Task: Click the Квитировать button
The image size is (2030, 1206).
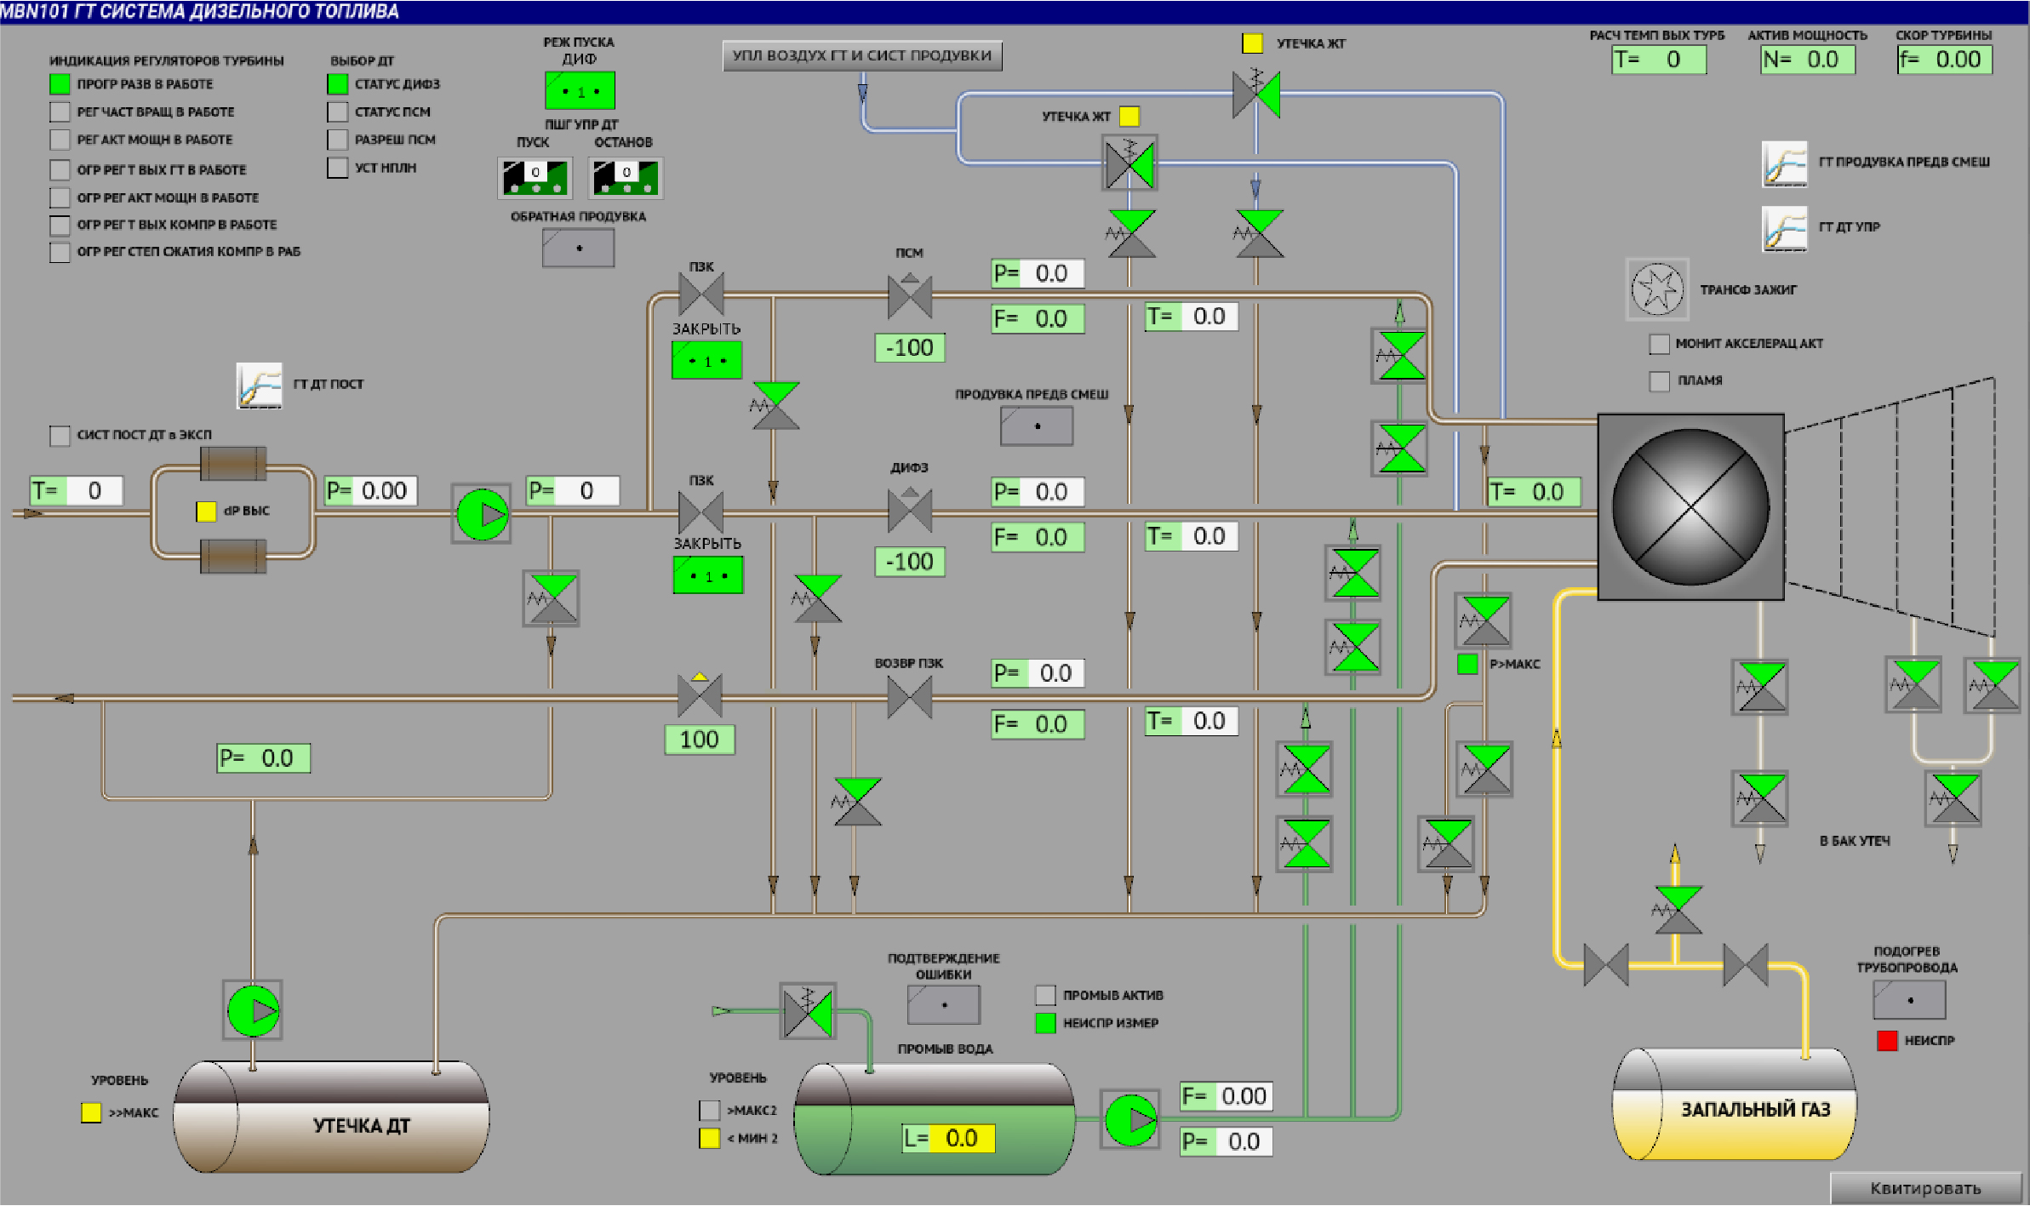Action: click(x=1925, y=1188)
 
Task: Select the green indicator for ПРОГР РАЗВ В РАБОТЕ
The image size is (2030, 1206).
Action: click(x=60, y=84)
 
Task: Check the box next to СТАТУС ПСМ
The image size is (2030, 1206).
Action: click(x=338, y=111)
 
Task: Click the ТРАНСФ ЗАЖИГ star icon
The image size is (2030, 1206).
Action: click(x=1656, y=289)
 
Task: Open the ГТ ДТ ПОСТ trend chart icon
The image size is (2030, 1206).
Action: click(x=259, y=386)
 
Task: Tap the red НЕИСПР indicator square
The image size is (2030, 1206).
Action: click(x=1887, y=1040)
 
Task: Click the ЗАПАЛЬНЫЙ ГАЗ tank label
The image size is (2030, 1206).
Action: click(x=1755, y=1109)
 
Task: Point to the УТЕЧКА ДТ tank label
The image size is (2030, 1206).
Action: click(x=362, y=1125)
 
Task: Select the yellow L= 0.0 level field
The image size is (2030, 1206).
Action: click(x=961, y=1138)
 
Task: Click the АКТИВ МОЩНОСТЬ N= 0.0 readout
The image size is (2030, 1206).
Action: click(x=1808, y=60)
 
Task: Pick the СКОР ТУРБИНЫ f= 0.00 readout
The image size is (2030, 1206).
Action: click(x=1945, y=60)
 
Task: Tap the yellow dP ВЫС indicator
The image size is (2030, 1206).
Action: click(x=206, y=511)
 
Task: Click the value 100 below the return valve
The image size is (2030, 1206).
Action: click(x=699, y=739)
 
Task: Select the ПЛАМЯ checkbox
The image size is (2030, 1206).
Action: click(x=1659, y=380)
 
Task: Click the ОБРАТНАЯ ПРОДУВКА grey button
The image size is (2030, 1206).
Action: click(x=579, y=249)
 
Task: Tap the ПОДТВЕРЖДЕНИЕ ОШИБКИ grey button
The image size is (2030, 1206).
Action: click(x=944, y=1004)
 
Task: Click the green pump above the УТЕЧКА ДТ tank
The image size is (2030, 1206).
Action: click(x=253, y=1010)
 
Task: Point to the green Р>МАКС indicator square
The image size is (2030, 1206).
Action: click(x=1467, y=664)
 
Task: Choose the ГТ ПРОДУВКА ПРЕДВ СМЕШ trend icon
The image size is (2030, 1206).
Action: click(x=1784, y=163)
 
